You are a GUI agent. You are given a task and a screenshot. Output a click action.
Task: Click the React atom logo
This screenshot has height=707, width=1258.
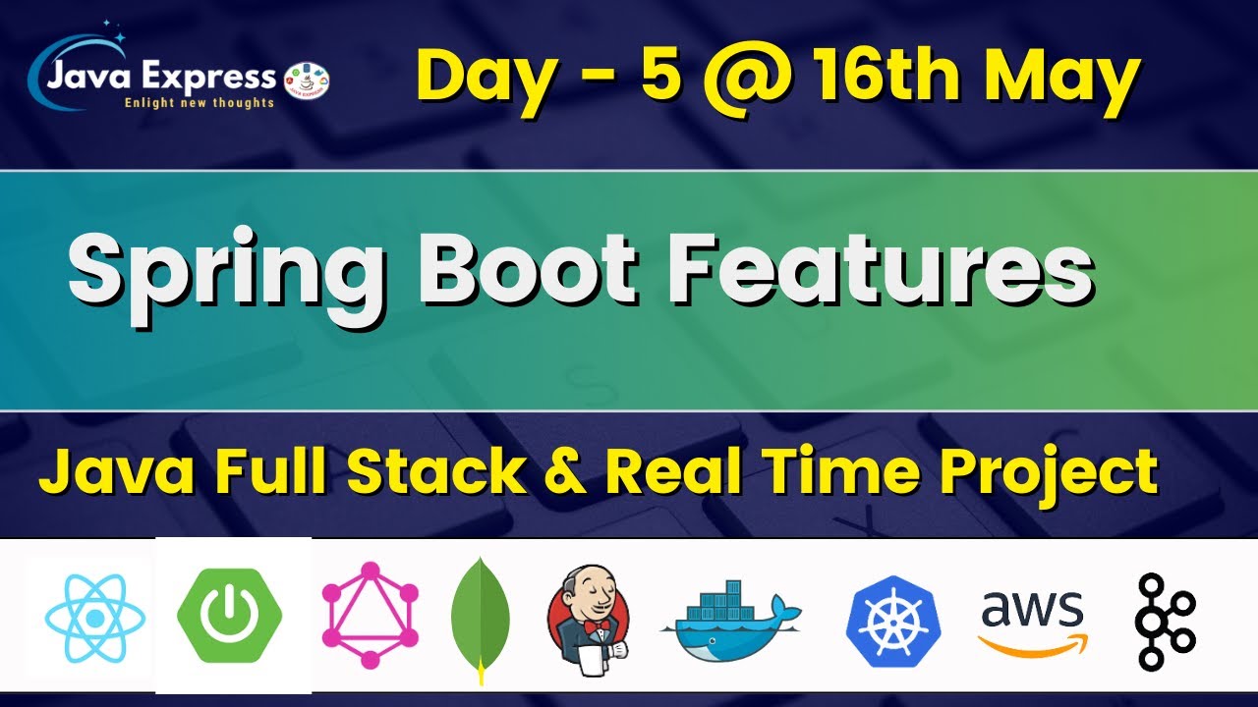94,617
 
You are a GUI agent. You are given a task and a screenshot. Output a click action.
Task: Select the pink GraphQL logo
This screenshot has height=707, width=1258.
371,616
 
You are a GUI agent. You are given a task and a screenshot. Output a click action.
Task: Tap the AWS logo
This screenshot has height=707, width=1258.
1032,621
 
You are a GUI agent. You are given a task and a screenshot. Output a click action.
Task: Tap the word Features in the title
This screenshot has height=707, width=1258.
881,269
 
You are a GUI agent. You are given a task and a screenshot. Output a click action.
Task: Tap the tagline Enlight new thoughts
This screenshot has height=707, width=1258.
199,103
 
